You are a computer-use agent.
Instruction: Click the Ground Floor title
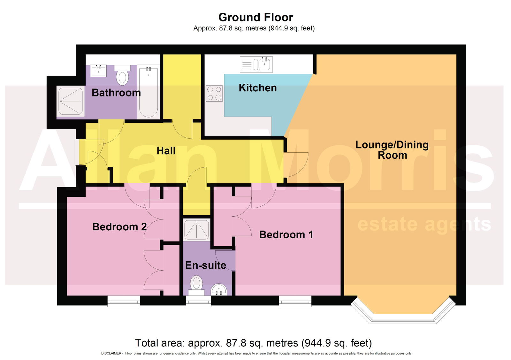coord(256,17)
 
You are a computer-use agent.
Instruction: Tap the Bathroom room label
coord(116,93)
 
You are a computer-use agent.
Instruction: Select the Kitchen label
coord(257,88)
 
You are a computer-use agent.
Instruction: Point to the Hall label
coord(166,151)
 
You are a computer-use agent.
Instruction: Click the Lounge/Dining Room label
coord(392,150)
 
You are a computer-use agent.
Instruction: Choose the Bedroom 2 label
coord(119,227)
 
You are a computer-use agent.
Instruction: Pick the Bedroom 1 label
coord(286,235)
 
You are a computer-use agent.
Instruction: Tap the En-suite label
coord(206,265)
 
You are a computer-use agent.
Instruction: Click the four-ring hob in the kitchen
coord(214,93)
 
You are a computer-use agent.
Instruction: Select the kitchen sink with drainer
coord(256,65)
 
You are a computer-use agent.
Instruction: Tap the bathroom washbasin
coord(98,71)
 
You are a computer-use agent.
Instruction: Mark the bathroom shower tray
coord(71,101)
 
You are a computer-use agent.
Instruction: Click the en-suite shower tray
coord(196,229)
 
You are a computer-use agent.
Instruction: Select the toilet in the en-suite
coord(196,285)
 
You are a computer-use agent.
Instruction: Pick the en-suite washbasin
coord(219,290)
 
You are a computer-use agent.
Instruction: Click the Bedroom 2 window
coord(124,301)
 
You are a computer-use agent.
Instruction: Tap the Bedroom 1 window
coord(295,301)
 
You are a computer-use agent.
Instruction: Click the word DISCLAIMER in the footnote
coord(111,353)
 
